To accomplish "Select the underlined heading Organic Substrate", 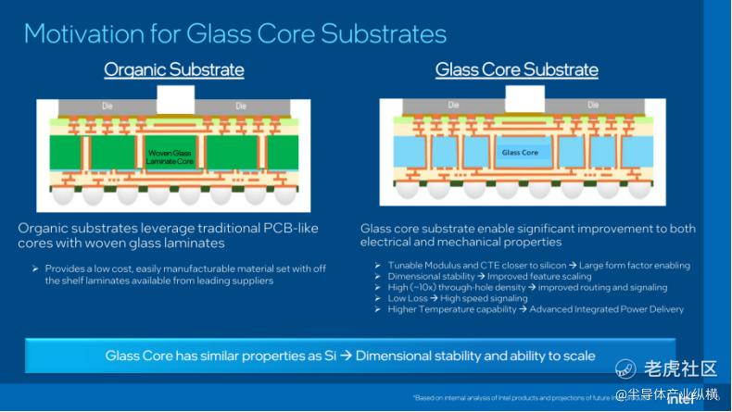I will [174, 70].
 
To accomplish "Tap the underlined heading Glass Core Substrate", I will [516, 70].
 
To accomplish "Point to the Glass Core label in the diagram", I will [519, 153].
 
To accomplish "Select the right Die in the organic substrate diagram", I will [241, 106].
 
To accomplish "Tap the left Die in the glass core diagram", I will [453, 106].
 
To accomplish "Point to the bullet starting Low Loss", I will [457, 298].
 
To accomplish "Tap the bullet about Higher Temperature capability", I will [535, 309].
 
